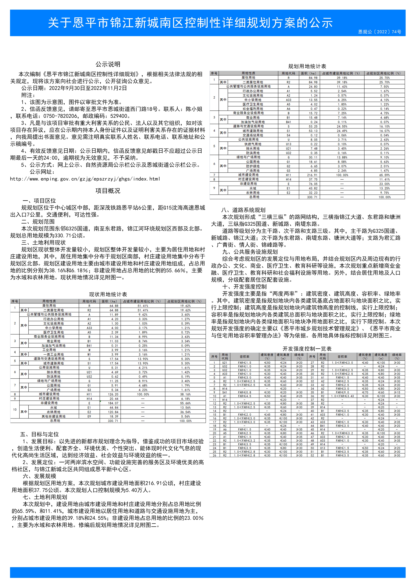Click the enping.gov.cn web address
pos(85,179)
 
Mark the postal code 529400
pos(120,116)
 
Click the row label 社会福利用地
pos(253,109)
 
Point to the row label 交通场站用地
pos(253,135)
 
